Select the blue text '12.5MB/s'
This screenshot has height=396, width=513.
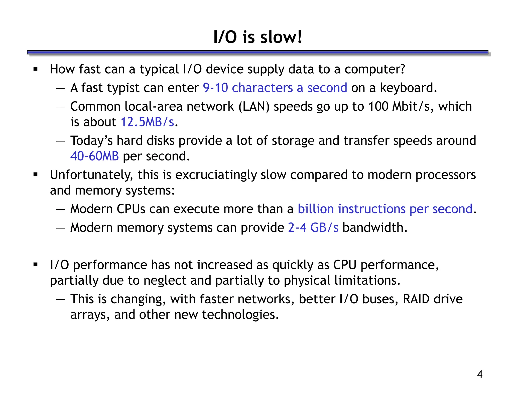click(147, 122)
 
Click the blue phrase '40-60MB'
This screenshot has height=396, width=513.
click(94, 156)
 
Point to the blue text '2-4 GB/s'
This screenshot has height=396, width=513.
click(313, 228)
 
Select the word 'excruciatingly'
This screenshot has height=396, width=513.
click(216, 175)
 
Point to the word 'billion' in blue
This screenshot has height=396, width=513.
click(316, 209)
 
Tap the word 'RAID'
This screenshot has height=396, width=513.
click(416, 299)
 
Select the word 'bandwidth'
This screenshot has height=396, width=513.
click(374, 228)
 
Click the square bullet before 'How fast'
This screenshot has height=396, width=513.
click(36, 69)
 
